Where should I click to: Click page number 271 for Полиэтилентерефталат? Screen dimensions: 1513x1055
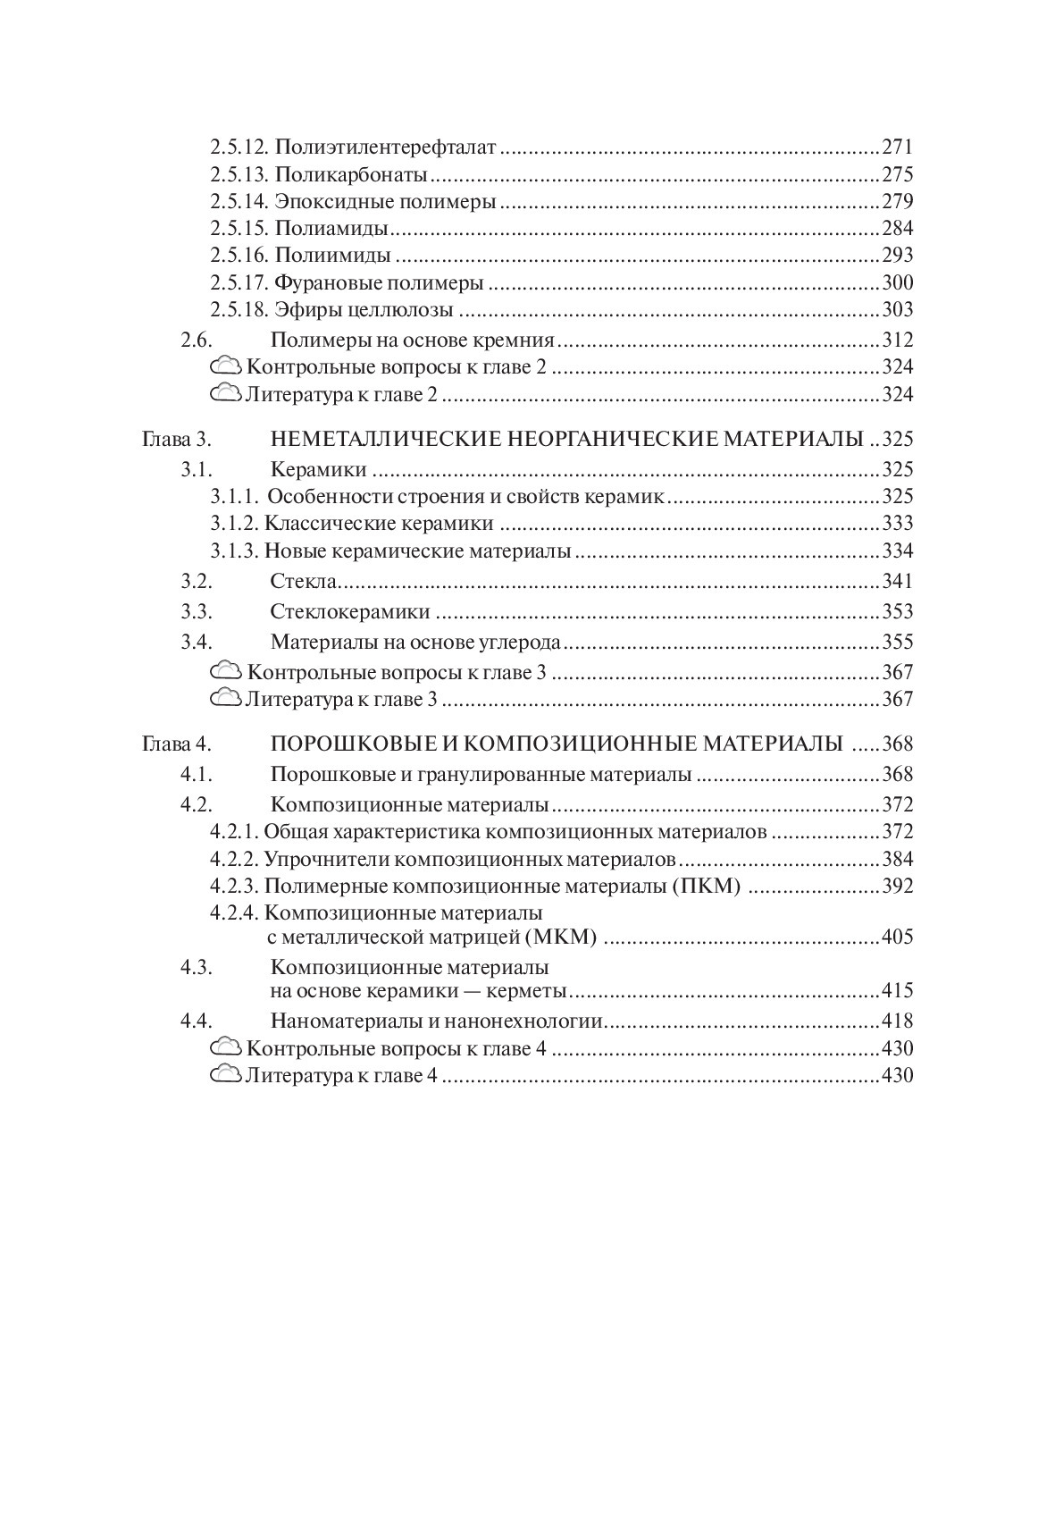(897, 147)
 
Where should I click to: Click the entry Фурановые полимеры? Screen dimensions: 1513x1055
(379, 283)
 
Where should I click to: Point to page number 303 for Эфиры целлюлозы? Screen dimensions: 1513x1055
(897, 310)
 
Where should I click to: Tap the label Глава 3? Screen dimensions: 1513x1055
(175, 440)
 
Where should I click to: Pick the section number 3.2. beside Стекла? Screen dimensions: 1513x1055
(197, 582)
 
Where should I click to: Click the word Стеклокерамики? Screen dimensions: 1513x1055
(350, 612)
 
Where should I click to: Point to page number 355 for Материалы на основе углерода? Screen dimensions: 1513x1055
(897, 643)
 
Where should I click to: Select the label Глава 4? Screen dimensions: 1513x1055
(175, 744)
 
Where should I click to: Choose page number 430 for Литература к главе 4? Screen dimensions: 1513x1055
(897, 1075)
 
